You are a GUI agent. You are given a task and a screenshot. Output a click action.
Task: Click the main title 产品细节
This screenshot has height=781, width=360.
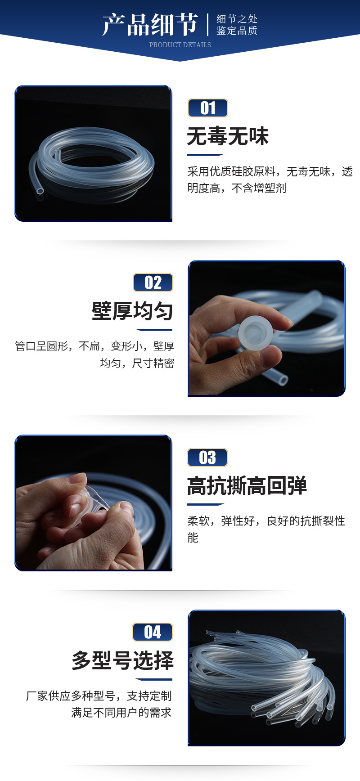pos(150,24)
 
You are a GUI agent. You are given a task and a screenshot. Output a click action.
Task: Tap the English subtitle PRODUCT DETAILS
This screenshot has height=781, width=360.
pos(180,45)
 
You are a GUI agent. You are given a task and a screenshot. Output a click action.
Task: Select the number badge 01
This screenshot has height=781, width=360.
pos(208,108)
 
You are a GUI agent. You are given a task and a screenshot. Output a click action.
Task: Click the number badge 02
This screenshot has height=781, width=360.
pos(153,283)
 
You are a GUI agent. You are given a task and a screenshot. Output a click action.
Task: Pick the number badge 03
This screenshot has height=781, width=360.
pos(207,458)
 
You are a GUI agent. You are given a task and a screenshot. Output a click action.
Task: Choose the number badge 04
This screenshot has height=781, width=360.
pos(153,632)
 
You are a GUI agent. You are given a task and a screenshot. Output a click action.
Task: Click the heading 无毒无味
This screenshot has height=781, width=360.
pos(228,136)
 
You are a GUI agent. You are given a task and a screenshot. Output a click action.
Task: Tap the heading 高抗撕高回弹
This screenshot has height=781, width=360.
pos(247,486)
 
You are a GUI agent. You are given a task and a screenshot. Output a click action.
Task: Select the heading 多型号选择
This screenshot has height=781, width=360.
pos(122,660)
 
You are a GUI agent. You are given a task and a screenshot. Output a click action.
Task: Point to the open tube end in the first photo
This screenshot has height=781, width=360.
pos(40,191)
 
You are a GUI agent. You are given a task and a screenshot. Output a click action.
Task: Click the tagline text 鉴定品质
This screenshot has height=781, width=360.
pos(237,31)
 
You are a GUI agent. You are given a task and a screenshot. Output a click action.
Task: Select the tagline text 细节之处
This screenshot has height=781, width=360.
pos(237,19)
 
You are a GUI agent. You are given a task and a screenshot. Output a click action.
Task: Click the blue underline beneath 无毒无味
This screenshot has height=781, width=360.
pos(205,155)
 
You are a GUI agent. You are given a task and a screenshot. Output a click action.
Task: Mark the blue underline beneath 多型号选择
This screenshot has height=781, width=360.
pos(154,679)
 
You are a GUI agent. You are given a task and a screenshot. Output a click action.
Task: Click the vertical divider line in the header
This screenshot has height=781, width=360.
pos(208,25)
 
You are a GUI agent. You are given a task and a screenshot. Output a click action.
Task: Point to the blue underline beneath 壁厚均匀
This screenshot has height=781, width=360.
pos(154,330)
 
